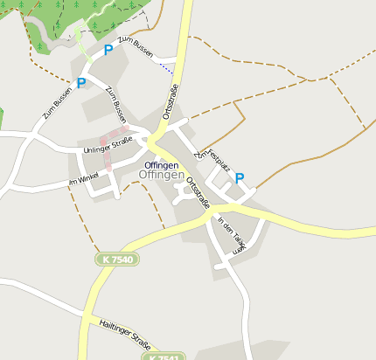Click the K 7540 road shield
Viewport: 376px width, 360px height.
pos(117,260)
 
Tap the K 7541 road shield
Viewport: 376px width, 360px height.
pos(164,357)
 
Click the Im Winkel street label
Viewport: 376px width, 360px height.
pos(85,181)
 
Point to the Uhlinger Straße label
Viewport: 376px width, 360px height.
pos(108,145)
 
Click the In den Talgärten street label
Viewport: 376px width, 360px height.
pos(233,233)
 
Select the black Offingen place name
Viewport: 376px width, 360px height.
pos(162,165)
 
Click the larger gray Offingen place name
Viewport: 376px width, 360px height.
pos(161,176)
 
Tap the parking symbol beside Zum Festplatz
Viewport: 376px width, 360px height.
pos(240,177)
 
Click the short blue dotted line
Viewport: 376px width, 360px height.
pos(164,65)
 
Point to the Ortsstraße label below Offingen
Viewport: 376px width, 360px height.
pos(197,190)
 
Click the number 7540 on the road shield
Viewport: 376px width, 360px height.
pos(122,260)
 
